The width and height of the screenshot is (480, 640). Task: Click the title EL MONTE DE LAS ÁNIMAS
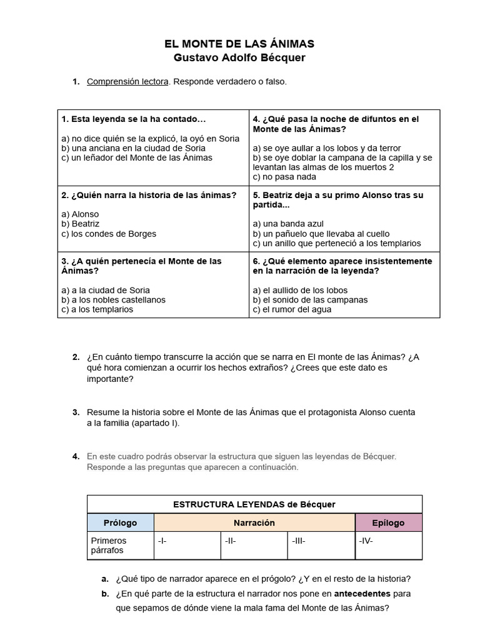click(x=239, y=44)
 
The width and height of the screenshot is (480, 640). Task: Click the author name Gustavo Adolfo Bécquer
click(x=239, y=57)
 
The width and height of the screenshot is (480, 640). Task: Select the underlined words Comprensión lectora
click(x=127, y=81)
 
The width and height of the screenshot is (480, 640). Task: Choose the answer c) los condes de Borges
click(x=109, y=234)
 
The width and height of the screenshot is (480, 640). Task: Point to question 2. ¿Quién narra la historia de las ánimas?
click(x=149, y=195)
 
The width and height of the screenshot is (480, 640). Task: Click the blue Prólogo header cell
click(x=120, y=522)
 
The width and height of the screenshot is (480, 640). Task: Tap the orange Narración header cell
click(x=254, y=522)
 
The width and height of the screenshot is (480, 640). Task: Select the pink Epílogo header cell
click(x=388, y=522)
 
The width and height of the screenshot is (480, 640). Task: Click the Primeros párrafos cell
click(x=120, y=546)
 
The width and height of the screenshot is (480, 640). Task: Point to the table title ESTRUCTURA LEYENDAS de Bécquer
click(x=254, y=504)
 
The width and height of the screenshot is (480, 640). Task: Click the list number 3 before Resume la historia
click(x=76, y=412)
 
